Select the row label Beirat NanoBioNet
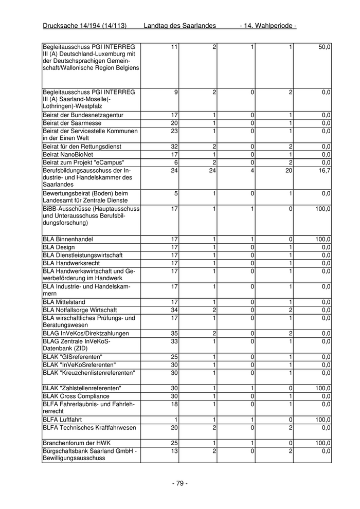click(68, 154)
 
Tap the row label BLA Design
click(59, 247)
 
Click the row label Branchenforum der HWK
click(77, 443)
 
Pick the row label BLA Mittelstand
click(64, 302)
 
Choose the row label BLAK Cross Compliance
click(76, 396)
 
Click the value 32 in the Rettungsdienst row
click(174, 147)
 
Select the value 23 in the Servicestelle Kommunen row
click(174, 131)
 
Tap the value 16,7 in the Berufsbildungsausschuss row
click(324, 170)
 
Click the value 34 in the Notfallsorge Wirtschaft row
click(174, 310)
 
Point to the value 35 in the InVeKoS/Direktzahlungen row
click(174, 334)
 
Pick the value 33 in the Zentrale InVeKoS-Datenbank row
click(174, 341)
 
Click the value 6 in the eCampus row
click(176, 162)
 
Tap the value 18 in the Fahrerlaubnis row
click(174, 404)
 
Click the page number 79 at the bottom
click(179, 483)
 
